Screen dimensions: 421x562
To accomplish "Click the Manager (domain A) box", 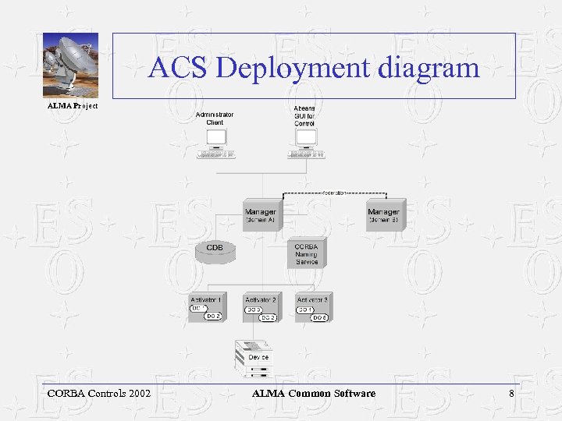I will [260, 216].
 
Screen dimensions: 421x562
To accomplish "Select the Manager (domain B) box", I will [383, 216].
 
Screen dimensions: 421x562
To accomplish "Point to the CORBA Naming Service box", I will [307, 253].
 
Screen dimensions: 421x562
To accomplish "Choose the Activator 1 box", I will [206, 308].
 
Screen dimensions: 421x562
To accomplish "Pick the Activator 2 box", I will [261, 308].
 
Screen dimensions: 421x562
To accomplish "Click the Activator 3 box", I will [312, 308].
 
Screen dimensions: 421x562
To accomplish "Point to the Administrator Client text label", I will [215, 119].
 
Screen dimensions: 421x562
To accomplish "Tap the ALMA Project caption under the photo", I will [73, 105].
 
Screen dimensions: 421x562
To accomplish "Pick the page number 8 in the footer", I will [511, 393].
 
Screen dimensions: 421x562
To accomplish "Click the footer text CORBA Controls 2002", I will [99, 393].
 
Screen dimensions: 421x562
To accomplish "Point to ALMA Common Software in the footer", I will [314, 393].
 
